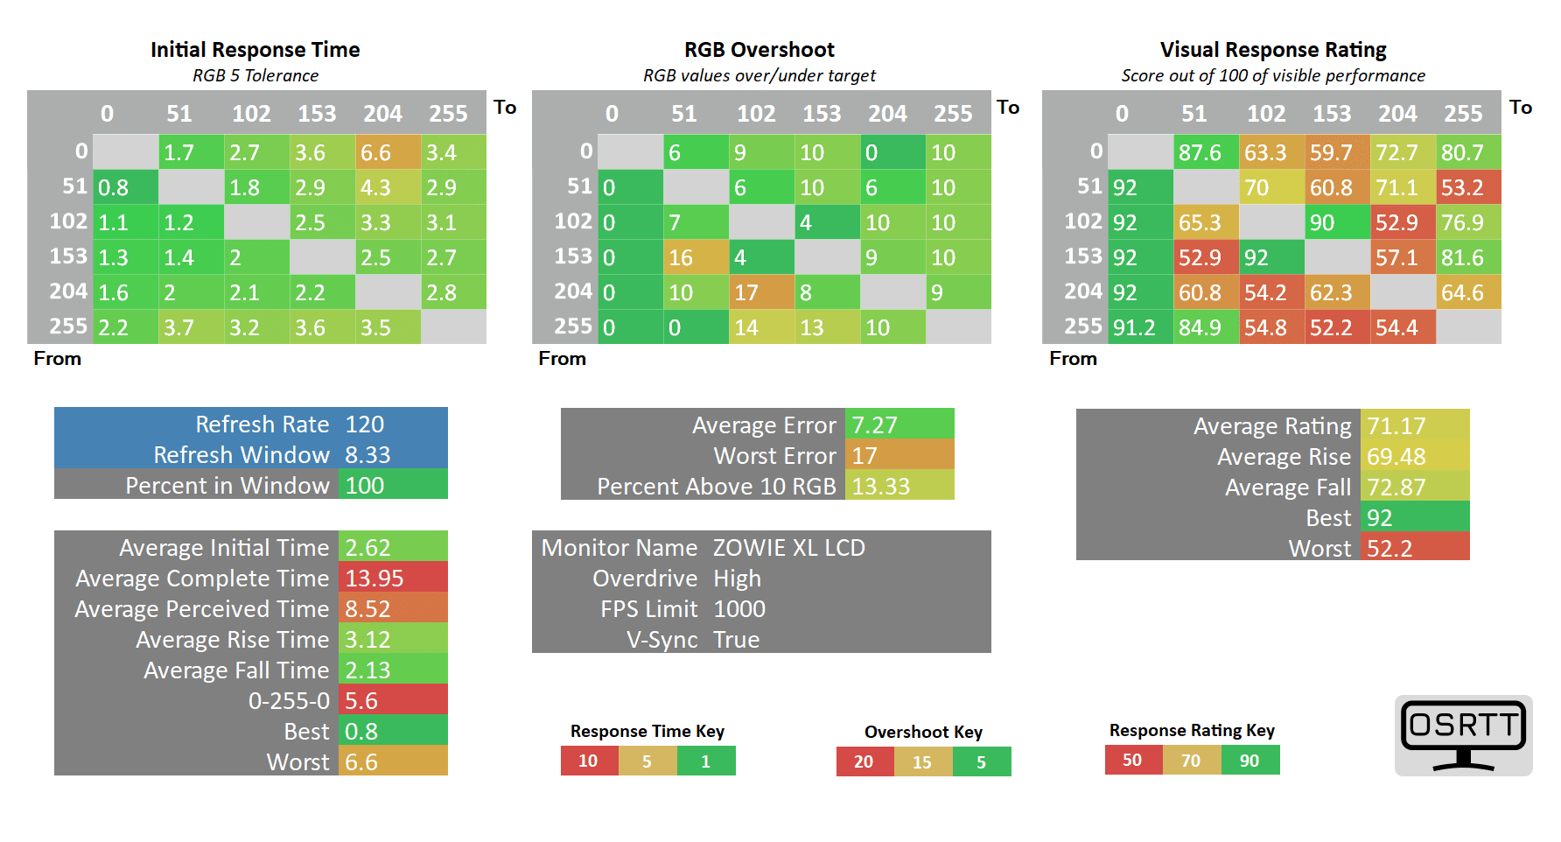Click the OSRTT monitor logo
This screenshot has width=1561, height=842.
[x=1463, y=734]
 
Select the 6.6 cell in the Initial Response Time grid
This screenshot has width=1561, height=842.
[x=388, y=152]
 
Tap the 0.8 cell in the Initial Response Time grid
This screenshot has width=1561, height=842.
[x=125, y=187]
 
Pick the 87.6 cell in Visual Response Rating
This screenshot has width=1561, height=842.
[x=1206, y=152]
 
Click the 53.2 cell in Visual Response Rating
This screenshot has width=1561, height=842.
[x=1468, y=187]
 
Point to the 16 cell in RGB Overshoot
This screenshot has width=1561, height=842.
[x=696, y=257]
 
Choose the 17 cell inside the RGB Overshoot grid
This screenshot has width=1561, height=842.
[x=761, y=292]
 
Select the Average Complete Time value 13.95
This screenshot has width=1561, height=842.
[x=392, y=578]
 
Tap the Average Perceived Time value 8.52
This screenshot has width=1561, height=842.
[x=392, y=608]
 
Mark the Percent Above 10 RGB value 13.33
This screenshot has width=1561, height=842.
[x=899, y=486]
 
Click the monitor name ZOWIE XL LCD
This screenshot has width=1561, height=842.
[x=788, y=547]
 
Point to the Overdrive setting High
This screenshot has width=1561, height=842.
[x=737, y=578]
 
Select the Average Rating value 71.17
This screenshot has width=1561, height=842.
[x=1414, y=425]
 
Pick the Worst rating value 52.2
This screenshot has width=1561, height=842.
[x=1414, y=548]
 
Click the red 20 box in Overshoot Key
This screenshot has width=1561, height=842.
[x=864, y=761]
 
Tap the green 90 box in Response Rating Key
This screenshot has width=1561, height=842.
[x=1249, y=760]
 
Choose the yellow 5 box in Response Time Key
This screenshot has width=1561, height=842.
[x=647, y=761]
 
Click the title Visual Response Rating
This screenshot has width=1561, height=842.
[x=1273, y=50]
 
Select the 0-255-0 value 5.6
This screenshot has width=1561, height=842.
[x=392, y=700]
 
